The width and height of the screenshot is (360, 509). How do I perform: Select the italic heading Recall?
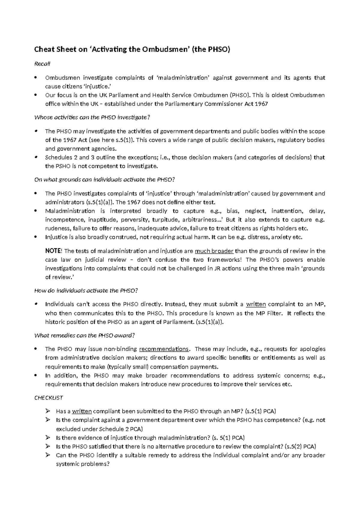pos(43,64)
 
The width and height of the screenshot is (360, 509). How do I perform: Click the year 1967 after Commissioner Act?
pos(261,104)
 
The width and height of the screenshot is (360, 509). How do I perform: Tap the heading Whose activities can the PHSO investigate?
pos(92,117)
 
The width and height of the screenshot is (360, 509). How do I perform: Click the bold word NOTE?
pos(53,251)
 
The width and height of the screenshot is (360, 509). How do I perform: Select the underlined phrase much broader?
pos(214,251)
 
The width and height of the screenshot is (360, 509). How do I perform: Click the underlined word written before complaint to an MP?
pos(256,304)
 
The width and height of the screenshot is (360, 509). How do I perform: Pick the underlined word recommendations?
pos(164,349)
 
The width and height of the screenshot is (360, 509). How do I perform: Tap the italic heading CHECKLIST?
pos(49,398)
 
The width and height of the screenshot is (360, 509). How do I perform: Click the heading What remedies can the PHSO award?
pos(85,336)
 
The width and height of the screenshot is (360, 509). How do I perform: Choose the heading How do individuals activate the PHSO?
pos(86,291)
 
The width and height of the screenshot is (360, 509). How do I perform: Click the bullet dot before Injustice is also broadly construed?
pos(36,237)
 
